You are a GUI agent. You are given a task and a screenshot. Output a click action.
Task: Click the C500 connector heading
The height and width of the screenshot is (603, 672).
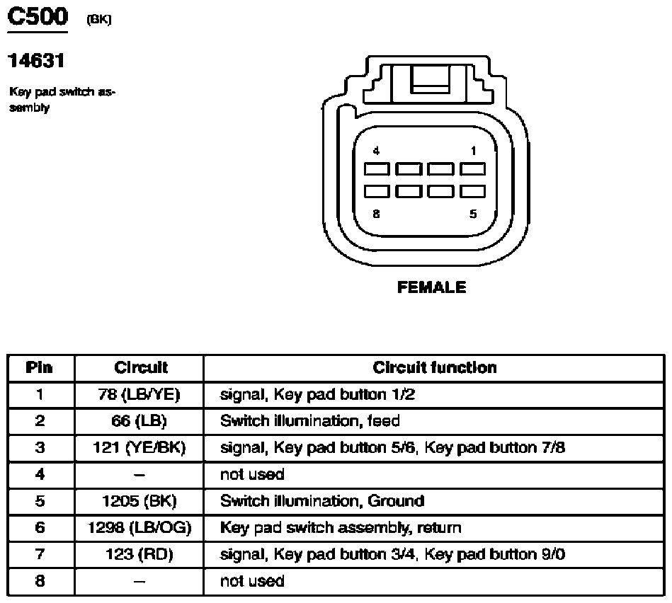point(37,16)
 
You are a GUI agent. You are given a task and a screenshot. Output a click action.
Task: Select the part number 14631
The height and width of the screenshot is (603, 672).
point(37,62)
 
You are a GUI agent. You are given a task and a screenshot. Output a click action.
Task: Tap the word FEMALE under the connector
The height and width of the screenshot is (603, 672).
point(432,287)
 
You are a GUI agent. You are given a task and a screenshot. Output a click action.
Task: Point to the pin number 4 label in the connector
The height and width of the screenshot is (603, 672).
point(376,151)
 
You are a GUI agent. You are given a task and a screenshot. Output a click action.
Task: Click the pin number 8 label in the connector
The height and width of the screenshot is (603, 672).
point(376,214)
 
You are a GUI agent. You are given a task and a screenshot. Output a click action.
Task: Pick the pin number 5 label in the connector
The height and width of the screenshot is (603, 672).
point(473,214)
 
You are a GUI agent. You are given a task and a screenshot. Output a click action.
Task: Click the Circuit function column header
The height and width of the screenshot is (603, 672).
point(434,368)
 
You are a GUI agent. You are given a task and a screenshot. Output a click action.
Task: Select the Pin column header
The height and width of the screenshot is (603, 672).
point(40,368)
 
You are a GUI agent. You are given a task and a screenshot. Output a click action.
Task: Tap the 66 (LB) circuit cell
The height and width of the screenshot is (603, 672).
point(139,421)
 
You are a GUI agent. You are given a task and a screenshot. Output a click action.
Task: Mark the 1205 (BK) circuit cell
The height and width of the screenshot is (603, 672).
point(139,501)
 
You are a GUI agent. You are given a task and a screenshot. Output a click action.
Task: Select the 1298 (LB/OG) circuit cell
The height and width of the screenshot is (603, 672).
point(140,528)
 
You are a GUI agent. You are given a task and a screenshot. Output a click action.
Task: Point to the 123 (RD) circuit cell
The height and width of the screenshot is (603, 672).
point(139,555)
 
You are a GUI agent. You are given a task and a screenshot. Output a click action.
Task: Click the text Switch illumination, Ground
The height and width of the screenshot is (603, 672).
point(322,501)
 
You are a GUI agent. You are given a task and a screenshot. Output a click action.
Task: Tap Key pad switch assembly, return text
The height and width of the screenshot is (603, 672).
point(341,528)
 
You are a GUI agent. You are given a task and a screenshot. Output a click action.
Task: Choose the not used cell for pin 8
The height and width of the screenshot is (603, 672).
point(252,581)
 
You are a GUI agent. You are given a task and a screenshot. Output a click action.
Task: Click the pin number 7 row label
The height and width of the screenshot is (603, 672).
point(40,555)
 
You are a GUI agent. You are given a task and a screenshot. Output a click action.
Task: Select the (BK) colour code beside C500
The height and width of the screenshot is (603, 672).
point(98,19)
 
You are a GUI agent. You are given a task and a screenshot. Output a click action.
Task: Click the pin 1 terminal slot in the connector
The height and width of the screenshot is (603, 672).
point(472,169)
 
